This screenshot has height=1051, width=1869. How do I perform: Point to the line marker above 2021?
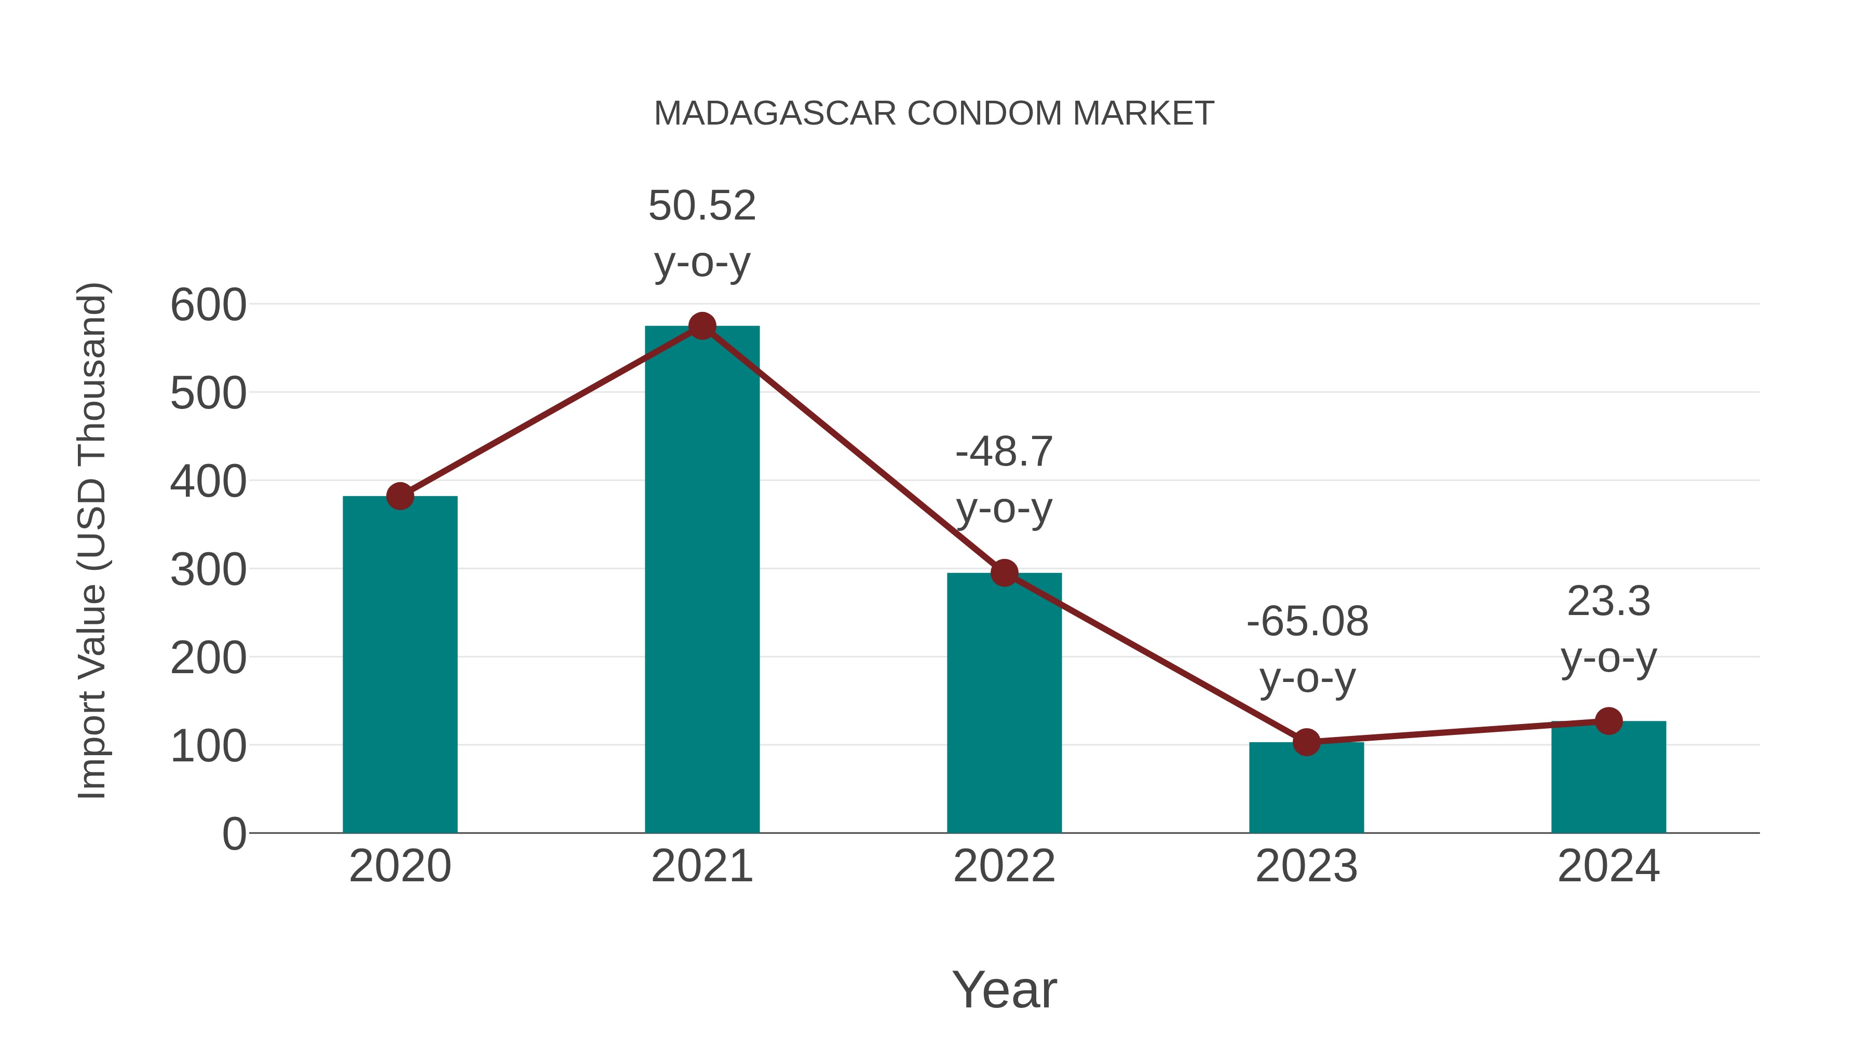coord(701,326)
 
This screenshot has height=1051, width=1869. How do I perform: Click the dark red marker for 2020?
coord(400,496)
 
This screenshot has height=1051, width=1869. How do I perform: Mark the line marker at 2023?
coord(1306,742)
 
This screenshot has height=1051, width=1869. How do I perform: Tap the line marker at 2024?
coord(1608,721)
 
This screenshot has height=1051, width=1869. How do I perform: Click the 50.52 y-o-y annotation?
coord(701,233)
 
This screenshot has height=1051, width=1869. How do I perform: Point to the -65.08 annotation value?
coord(1307,622)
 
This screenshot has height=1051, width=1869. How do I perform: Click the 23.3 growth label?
coord(1608,602)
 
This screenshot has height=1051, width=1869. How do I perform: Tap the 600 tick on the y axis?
coord(208,305)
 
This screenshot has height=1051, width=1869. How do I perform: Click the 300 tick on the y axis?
coord(208,570)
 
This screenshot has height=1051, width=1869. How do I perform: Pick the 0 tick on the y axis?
coord(234,834)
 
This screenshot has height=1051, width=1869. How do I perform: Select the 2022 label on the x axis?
coord(1004,866)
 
